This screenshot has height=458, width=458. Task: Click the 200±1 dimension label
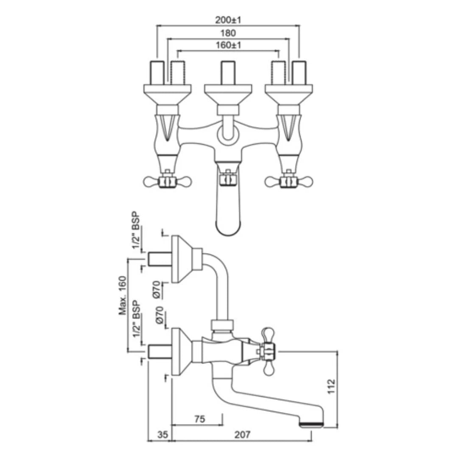pyautogui.click(x=228, y=20)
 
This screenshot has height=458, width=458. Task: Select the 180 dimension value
pyautogui.click(x=228, y=33)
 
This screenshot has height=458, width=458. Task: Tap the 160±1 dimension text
pyautogui.click(x=228, y=45)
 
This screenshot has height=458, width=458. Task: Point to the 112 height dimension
pyautogui.click(x=331, y=386)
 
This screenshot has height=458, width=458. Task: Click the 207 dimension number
pyautogui.click(x=243, y=434)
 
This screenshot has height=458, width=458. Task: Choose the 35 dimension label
pyautogui.click(x=163, y=434)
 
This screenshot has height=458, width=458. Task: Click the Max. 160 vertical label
pyautogui.click(x=123, y=296)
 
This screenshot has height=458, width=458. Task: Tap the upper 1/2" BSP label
pyautogui.click(x=136, y=231)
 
